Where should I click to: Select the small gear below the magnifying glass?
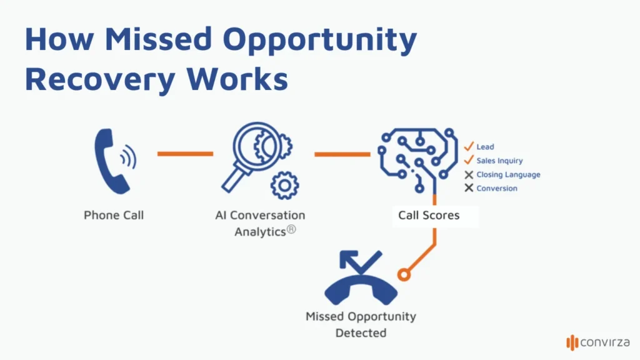coord(285,185)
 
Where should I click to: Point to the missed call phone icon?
coord(361,281)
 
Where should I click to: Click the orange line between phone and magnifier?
coord(185,153)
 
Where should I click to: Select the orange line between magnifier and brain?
coord(342,154)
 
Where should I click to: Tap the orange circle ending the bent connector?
coord(404,274)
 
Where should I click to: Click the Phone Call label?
coord(114,215)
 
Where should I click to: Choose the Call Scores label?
coord(429,215)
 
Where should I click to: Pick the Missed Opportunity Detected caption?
coord(361,324)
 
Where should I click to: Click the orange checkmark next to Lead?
coord(469,146)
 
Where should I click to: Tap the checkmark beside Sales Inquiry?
coord(469,161)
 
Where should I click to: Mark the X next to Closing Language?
coord(469,175)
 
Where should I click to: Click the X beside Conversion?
coord(469,188)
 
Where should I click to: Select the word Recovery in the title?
coord(94,80)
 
